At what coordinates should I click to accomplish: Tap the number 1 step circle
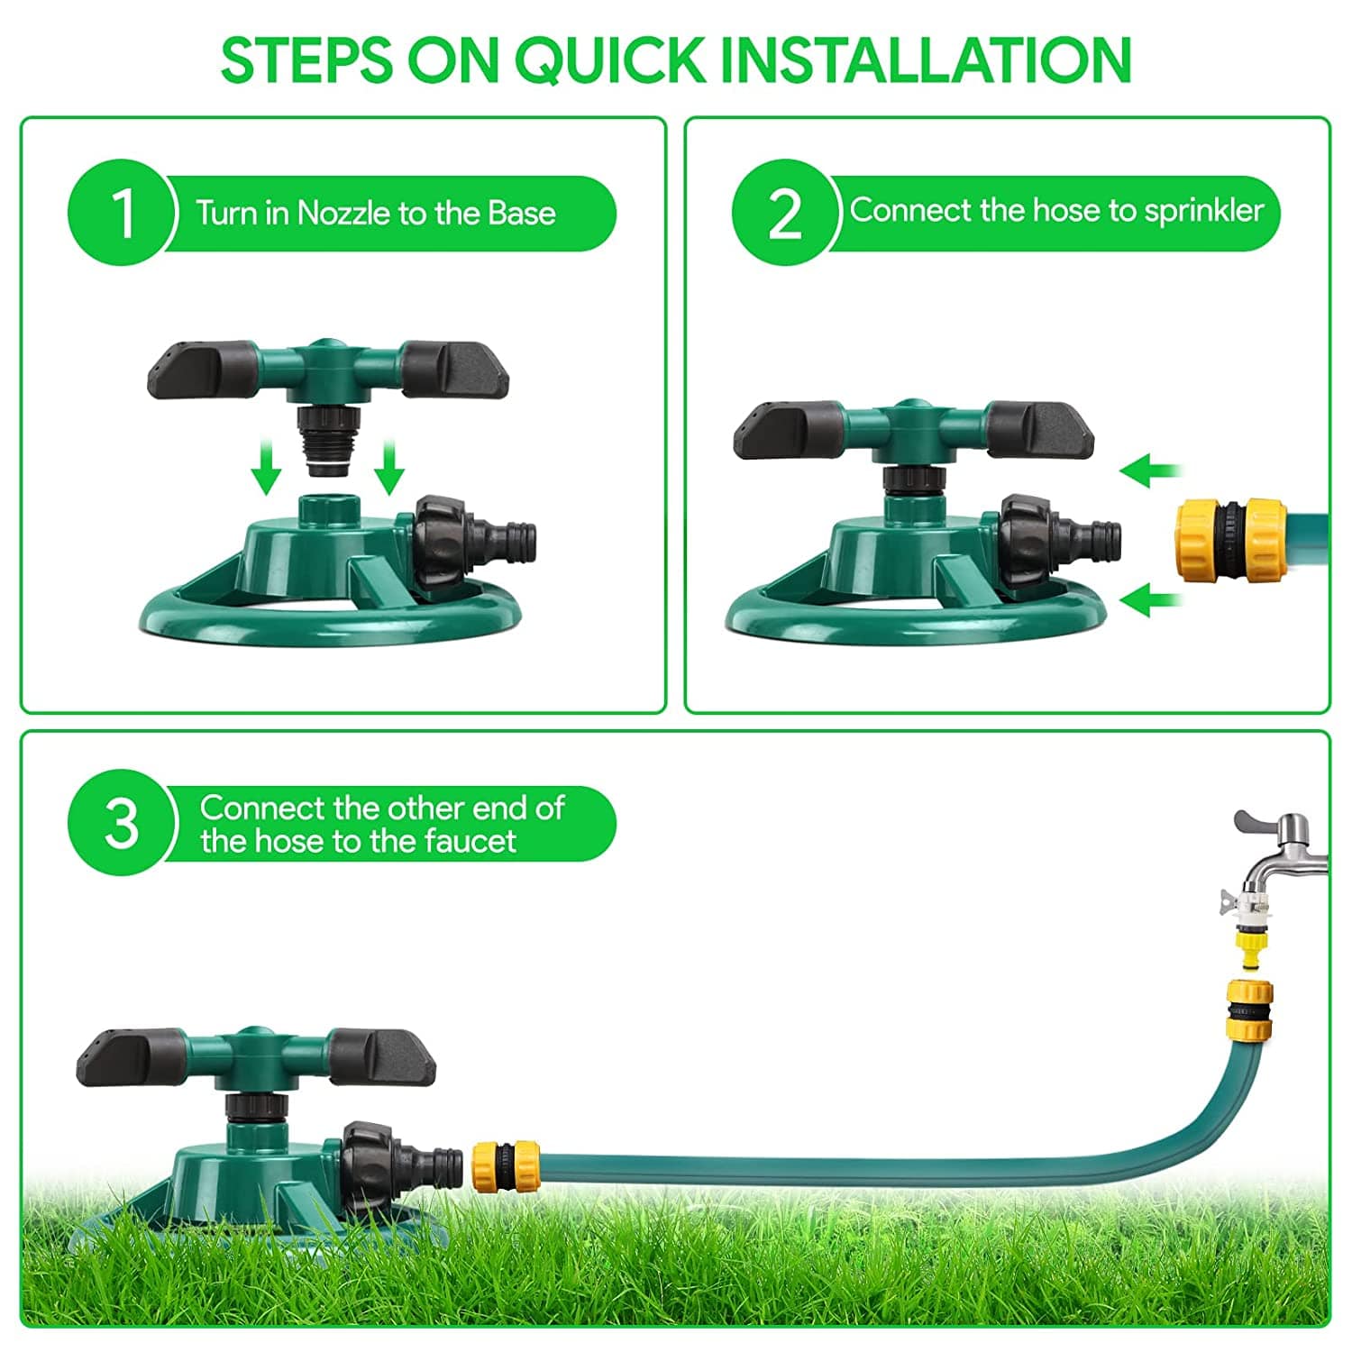coord(122,213)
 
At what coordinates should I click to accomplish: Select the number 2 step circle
coord(785,213)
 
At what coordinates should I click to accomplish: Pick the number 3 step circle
coord(122,822)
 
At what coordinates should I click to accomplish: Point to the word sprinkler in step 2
coord(1204,211)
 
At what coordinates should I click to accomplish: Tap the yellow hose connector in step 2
coord(1230,541)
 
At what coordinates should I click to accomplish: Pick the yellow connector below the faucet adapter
coord(1248,1009)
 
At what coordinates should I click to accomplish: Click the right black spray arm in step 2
coord(1038,431)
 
